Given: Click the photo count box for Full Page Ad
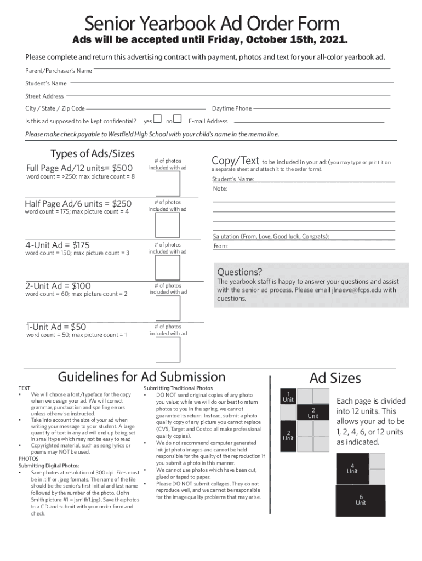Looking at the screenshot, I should [167, 184].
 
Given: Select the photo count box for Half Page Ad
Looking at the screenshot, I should [167, 225].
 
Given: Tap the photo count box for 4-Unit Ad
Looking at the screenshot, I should [167, 267].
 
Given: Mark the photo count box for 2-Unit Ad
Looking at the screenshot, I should [167, 308].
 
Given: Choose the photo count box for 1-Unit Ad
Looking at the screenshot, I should [167, 349].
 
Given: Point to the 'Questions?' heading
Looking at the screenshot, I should [239, 272].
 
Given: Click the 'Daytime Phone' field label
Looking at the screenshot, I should [231, 108].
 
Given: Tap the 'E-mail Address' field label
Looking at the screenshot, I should [208, 121].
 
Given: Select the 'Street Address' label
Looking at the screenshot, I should [44, 96].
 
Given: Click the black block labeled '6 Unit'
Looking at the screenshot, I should [360, 500].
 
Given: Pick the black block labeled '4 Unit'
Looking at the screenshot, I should [352, 468].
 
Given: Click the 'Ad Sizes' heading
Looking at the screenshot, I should [335, 378].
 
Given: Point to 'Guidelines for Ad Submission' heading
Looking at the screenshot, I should [141, 377].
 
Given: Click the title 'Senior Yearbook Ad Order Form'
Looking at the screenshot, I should [211, 24].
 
